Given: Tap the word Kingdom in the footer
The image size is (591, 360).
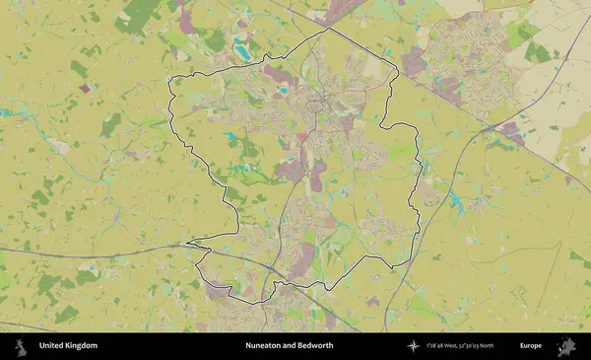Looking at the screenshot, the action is click(82, 346).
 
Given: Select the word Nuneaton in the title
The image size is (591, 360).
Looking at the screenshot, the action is click(264, 346).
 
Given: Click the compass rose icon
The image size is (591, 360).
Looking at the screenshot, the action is click(414, 346).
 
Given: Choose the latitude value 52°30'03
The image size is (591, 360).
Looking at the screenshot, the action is click(484, 346).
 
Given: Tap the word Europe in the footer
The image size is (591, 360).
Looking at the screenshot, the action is click(531, 346).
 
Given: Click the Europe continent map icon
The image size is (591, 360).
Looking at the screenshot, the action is click(566, 346).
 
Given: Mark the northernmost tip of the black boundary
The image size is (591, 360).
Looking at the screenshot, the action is click(326, 29).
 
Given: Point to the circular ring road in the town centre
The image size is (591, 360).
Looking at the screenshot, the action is click(319, 104).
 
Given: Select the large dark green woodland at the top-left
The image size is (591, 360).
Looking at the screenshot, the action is click(140, 15).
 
